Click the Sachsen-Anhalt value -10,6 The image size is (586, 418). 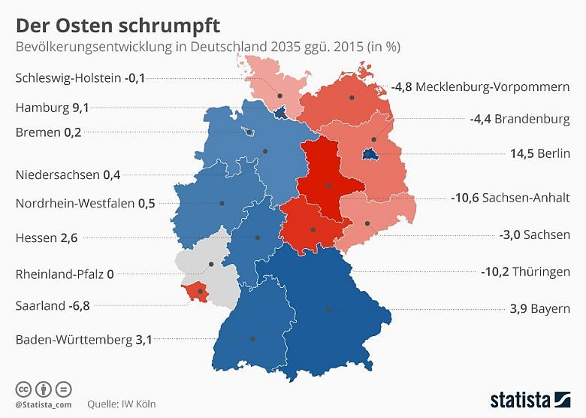coord(464,198)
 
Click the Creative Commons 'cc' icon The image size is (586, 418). coord(23,389)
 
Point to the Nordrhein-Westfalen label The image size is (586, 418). coord(75,203)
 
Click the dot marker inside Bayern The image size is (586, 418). coord(328,309)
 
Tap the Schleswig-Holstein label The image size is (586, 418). coord(68,78)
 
